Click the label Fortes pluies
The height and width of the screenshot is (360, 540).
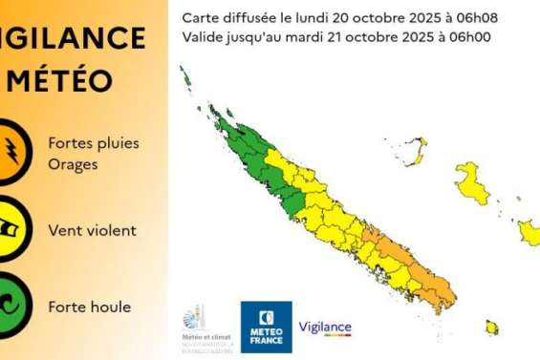94,143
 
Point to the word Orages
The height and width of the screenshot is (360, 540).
73,163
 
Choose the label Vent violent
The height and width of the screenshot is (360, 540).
92,230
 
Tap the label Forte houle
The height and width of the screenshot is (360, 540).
89,307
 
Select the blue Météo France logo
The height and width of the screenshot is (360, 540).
266,327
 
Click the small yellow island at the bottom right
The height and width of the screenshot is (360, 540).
492,328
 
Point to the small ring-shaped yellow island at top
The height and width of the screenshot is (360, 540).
415,148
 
